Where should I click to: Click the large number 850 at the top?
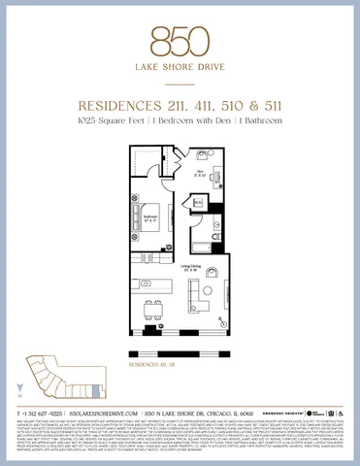click(180, 40)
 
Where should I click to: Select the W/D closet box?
click(198, 202)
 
